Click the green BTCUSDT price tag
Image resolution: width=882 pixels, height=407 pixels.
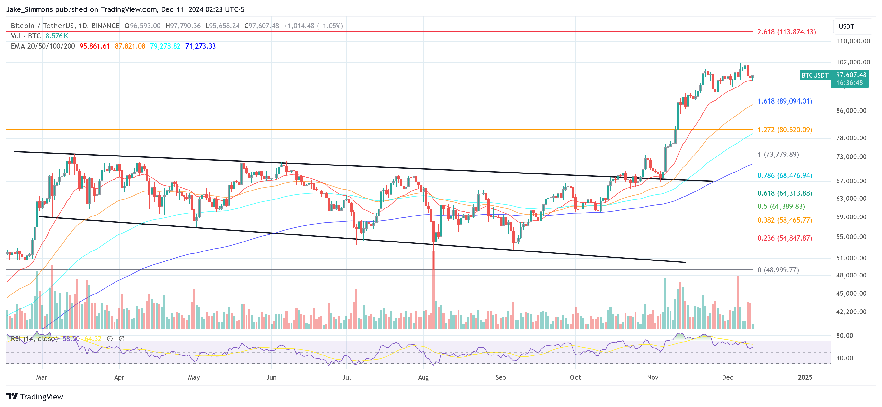pyautogui.click(x=815, y=75)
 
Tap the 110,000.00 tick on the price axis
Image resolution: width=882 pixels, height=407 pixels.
pyautogui.click(x=853, y=41)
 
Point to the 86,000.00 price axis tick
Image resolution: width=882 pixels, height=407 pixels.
pyautogui.click(x=853, y=111)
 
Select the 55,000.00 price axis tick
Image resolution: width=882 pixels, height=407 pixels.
pyautogui.click(x=853, y=237)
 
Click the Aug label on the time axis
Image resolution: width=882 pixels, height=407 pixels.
pyautogui.click(x=423, y=377)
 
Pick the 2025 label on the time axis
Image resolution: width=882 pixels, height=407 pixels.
pyautogui.click(x=805, y=377)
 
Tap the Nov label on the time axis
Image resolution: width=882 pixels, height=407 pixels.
pyautogui.click(x=652, y=377)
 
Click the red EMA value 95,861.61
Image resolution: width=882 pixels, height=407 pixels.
pyautogui.click(x=95, y=46)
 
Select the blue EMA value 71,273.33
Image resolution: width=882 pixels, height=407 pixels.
pyautogui.click(x=200, y=46)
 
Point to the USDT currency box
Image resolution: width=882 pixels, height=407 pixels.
pyautogui.click(x=847, y=26)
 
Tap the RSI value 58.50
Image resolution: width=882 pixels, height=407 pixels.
pyautogui.click(x=71, y=338)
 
